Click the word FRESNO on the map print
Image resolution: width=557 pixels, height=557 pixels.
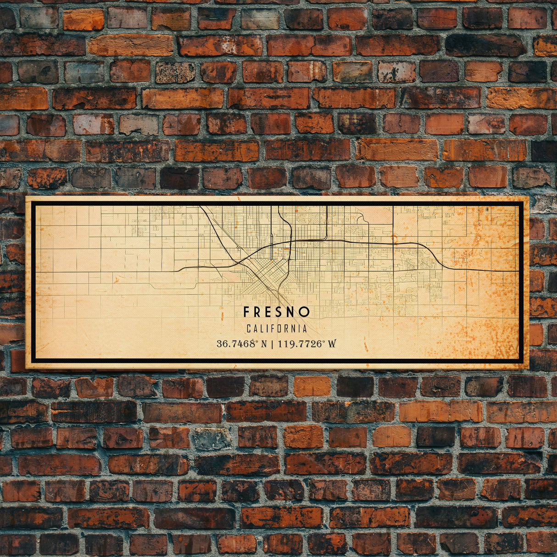pyautogui.click(x=277, y=312)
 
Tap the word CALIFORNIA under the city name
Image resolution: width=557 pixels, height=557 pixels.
pyautogui.click(x=277, y=329)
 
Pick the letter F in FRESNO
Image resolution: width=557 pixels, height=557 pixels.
pyautogui.click(x=246, y=312)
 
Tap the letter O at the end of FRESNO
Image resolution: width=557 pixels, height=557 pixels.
pyautogui.click(x=305, y=312)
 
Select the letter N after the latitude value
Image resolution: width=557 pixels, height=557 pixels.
pyautogui.click(x=264, y=343)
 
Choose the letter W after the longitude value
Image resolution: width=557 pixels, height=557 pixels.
pyautogui.click(x=332, y=343)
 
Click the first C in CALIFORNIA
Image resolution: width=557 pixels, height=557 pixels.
pyautogui.click(x=249, y=329)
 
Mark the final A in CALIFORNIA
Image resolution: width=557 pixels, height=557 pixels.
pyautogui.click(x=304, y=329)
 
